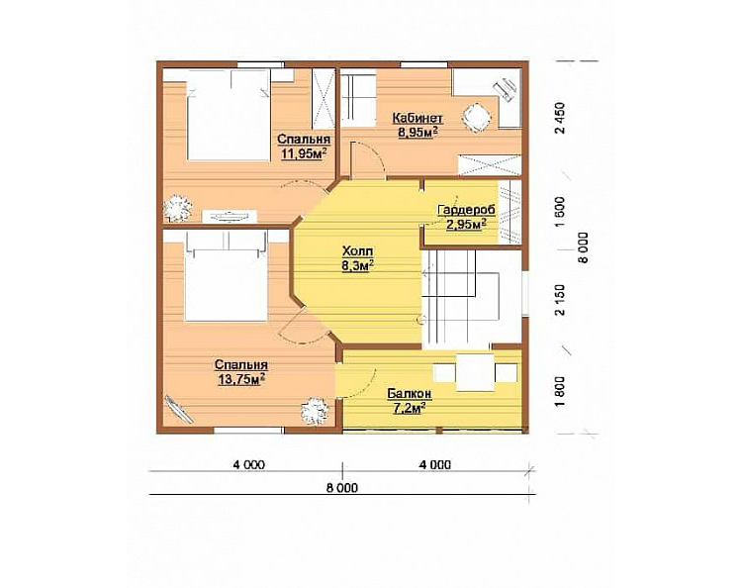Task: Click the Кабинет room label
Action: [417, 118]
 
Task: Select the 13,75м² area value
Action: [240, 379]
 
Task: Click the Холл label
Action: [358, 250]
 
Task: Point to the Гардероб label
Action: [466, 210]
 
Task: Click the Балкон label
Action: [410, 393]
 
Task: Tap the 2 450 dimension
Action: [560, 119]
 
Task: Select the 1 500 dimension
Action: [560, 212]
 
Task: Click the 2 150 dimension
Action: [560, 300]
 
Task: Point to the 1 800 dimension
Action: [560, 392]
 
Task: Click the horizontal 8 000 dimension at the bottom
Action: [342, 488]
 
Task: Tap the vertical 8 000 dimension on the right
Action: [584, 247]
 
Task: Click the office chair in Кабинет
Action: [475, 118]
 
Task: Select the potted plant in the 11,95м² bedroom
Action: [177, 207]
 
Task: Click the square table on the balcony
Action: [475, 372]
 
